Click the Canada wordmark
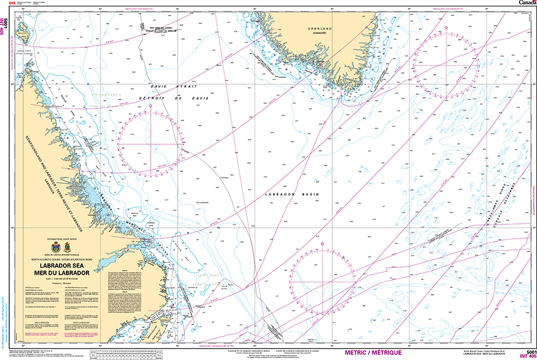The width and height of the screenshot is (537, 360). coord(527,3)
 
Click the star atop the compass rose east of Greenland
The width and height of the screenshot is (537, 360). coord(447,27)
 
